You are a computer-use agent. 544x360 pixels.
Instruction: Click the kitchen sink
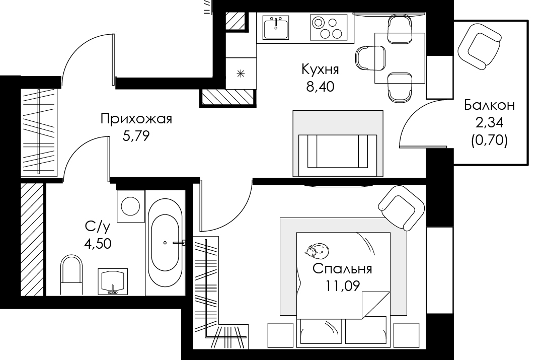coord(276,27)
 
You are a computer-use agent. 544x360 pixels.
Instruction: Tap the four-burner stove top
coord(329,27)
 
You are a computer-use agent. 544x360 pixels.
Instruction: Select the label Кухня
coord(320,69)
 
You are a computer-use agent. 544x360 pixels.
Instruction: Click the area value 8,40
coord(320,87)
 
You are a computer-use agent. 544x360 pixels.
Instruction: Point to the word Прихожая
coord(136,119)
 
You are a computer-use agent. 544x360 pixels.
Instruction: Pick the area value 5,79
coord(136,136)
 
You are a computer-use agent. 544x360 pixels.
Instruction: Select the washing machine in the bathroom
coord(131,206)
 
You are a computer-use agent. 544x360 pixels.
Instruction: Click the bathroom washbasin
coord(112,281)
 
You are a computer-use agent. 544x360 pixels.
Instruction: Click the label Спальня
coord(342,269)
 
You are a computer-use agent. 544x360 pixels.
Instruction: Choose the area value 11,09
coord(342,285)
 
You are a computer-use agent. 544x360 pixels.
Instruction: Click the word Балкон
coord(489,105)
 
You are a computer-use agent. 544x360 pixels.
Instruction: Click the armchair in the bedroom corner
coord(402,207)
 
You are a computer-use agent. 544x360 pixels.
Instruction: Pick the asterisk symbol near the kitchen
coord(241,74)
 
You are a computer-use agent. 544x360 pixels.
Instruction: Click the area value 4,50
coord(98,243)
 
